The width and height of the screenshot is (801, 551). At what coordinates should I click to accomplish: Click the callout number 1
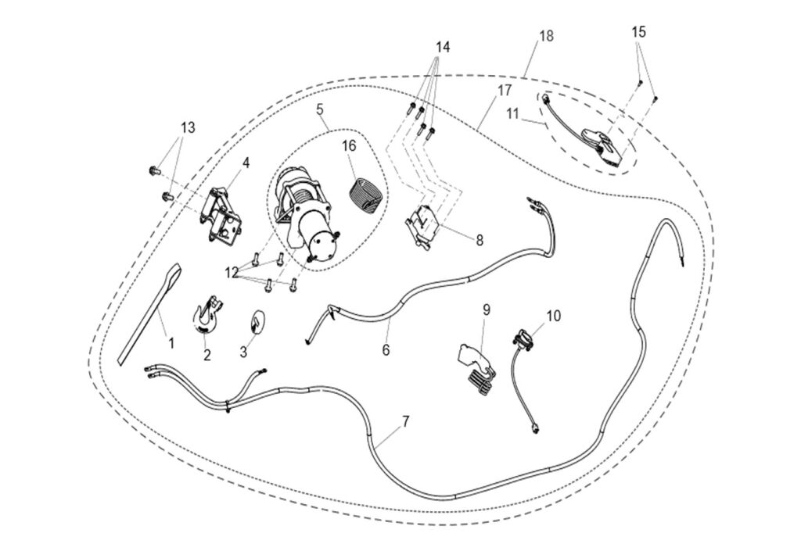point(171,342)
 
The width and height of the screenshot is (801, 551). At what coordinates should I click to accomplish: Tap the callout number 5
point(320,109)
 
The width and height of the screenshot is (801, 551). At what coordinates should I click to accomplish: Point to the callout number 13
point(188,127)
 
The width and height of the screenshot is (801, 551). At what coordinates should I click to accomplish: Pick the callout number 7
point(405,422)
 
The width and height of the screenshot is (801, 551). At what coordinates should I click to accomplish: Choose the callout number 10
point(553,317)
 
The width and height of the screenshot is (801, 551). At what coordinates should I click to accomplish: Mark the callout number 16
point(348,146)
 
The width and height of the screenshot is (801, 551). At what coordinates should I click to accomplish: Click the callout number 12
point(232,272)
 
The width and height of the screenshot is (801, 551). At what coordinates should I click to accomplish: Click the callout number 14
point(443,47)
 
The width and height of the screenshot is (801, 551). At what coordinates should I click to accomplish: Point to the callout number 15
point(639,32)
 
